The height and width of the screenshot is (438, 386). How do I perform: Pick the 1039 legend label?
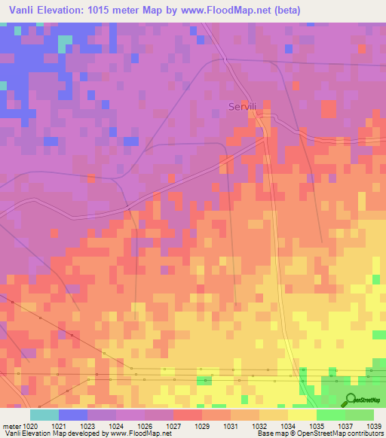375,425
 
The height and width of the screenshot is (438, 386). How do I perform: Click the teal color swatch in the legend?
44,415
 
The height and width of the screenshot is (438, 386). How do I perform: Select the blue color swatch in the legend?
73,415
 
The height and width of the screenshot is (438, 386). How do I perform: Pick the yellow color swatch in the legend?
302,415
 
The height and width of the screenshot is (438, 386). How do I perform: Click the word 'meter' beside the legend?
12,425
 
